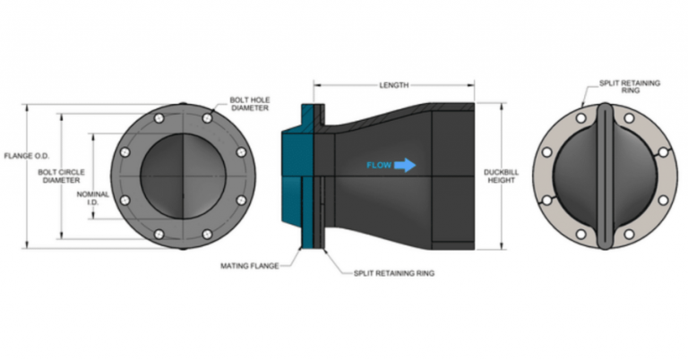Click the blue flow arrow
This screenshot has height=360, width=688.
coord(405,165)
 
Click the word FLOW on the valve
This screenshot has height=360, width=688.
coord(379,165)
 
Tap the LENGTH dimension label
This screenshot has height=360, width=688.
coord(395,86)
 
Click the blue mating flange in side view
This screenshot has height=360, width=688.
coord(296,179)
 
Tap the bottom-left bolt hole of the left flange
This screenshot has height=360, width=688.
coord(159,235)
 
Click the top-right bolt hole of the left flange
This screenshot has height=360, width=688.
coord(207,118)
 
